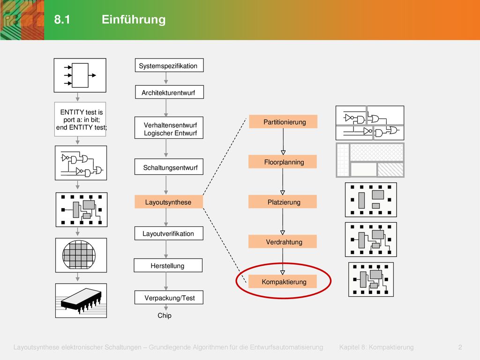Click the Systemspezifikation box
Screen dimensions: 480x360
(169, 65)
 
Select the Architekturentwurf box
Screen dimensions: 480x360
(169, 92)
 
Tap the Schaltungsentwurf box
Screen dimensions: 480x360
(169, 167)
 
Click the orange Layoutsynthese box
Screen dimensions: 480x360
(169, 202)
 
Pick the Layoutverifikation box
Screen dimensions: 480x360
(169, 233)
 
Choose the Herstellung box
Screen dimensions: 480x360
(168, 265)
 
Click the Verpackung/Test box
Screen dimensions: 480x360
(169, 297)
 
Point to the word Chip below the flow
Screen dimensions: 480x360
(165, 315)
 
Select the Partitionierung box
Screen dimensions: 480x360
(283, 121)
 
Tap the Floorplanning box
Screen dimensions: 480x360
(283, 162)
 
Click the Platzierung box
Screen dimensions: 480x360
(283, 202)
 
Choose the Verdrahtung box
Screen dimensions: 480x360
(283, 241)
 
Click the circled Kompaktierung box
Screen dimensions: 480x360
(283, 282)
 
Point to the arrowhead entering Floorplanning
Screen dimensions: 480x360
(283, 152)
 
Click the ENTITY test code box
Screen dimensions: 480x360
(80, 119)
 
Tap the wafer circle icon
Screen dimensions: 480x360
(79, 255)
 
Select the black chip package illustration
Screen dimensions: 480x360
(81, 300)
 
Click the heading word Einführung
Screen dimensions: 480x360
(134, 19)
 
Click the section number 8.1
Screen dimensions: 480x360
(62, 19)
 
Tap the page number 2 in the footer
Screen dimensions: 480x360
(460, 347)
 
